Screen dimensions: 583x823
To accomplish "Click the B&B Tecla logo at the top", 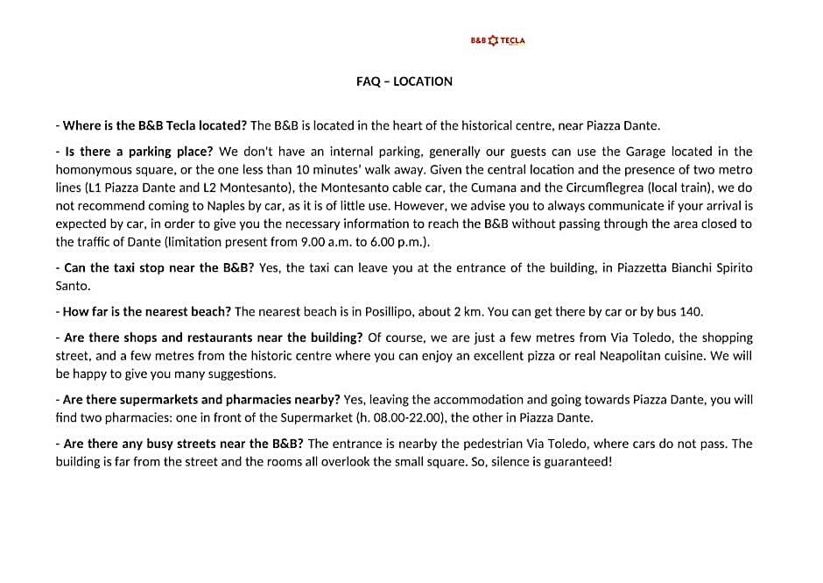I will tap(497, 40).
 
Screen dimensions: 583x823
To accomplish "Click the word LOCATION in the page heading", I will tap(423, 82).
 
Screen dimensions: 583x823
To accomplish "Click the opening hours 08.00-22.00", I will tap(411, 417).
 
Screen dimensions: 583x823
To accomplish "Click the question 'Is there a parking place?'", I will tap(139, 152).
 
